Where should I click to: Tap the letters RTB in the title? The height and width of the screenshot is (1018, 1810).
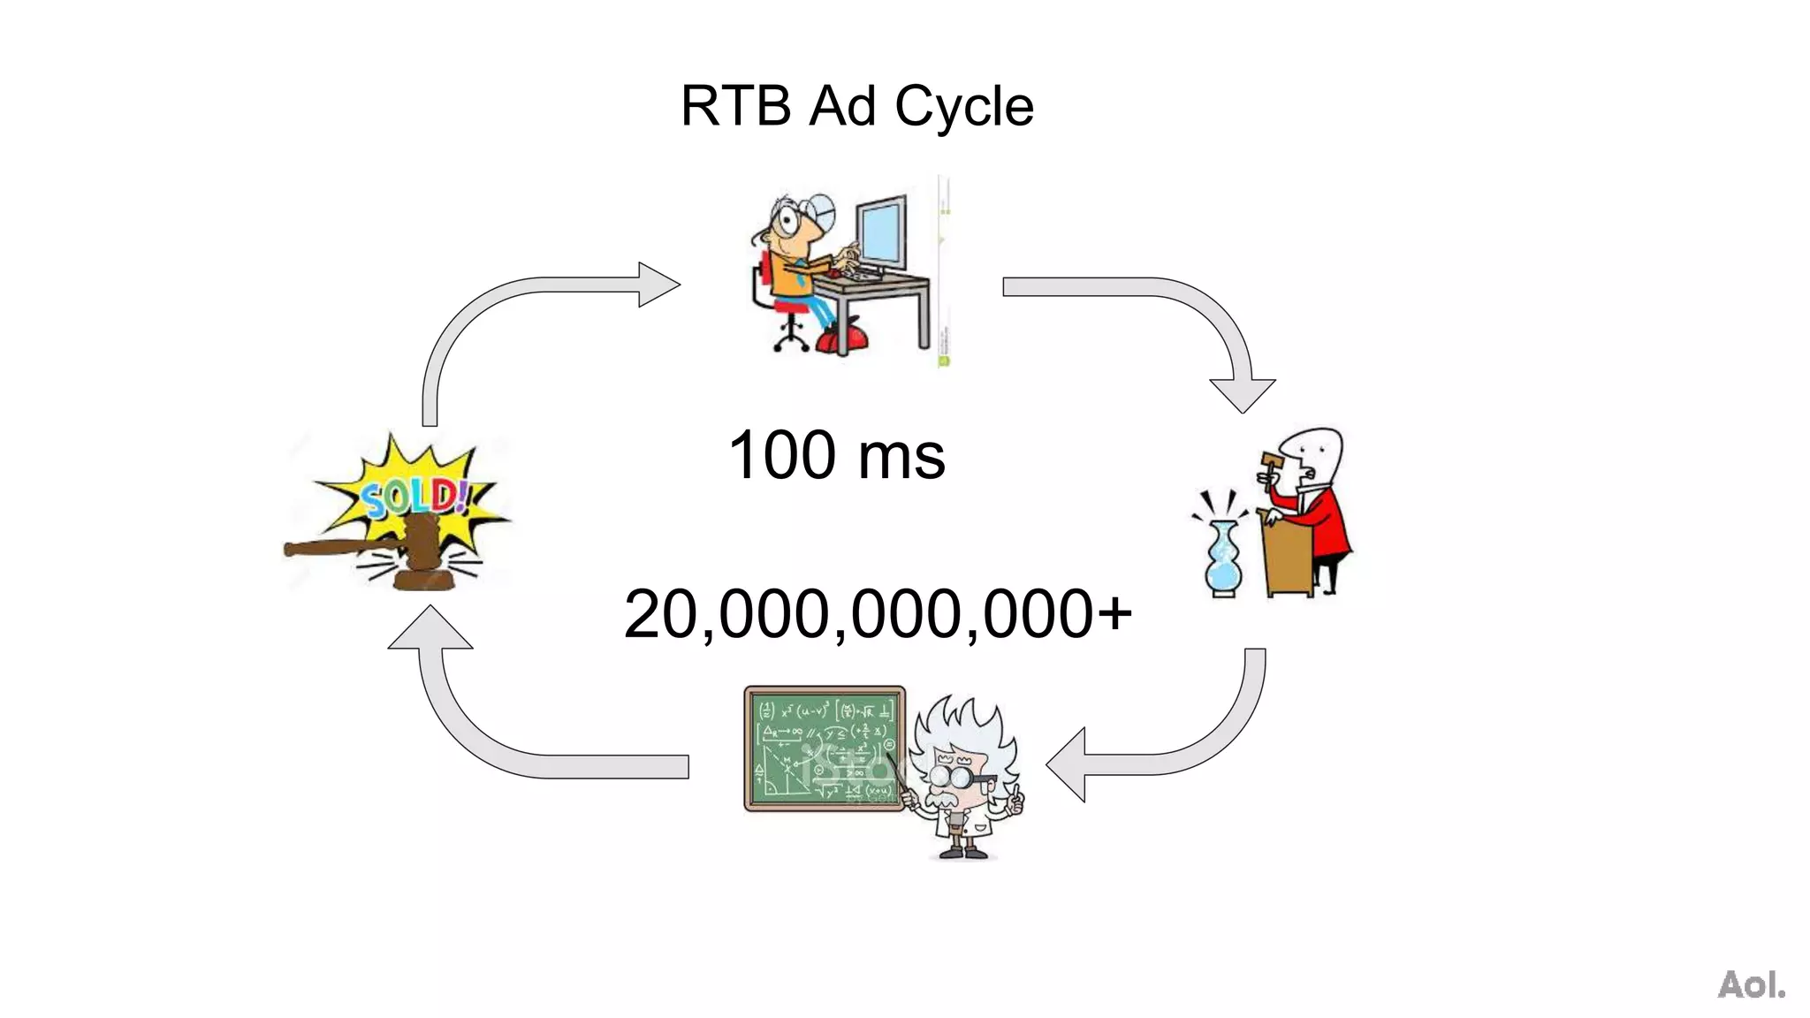coord(735,107)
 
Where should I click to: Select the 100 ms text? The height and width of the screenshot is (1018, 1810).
coord(836,455)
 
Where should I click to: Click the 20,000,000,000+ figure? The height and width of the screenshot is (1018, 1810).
coord(877,614)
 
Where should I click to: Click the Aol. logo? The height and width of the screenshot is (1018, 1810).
coord(1751,984)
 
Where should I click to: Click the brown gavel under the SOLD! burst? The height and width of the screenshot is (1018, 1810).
coord(389,550)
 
